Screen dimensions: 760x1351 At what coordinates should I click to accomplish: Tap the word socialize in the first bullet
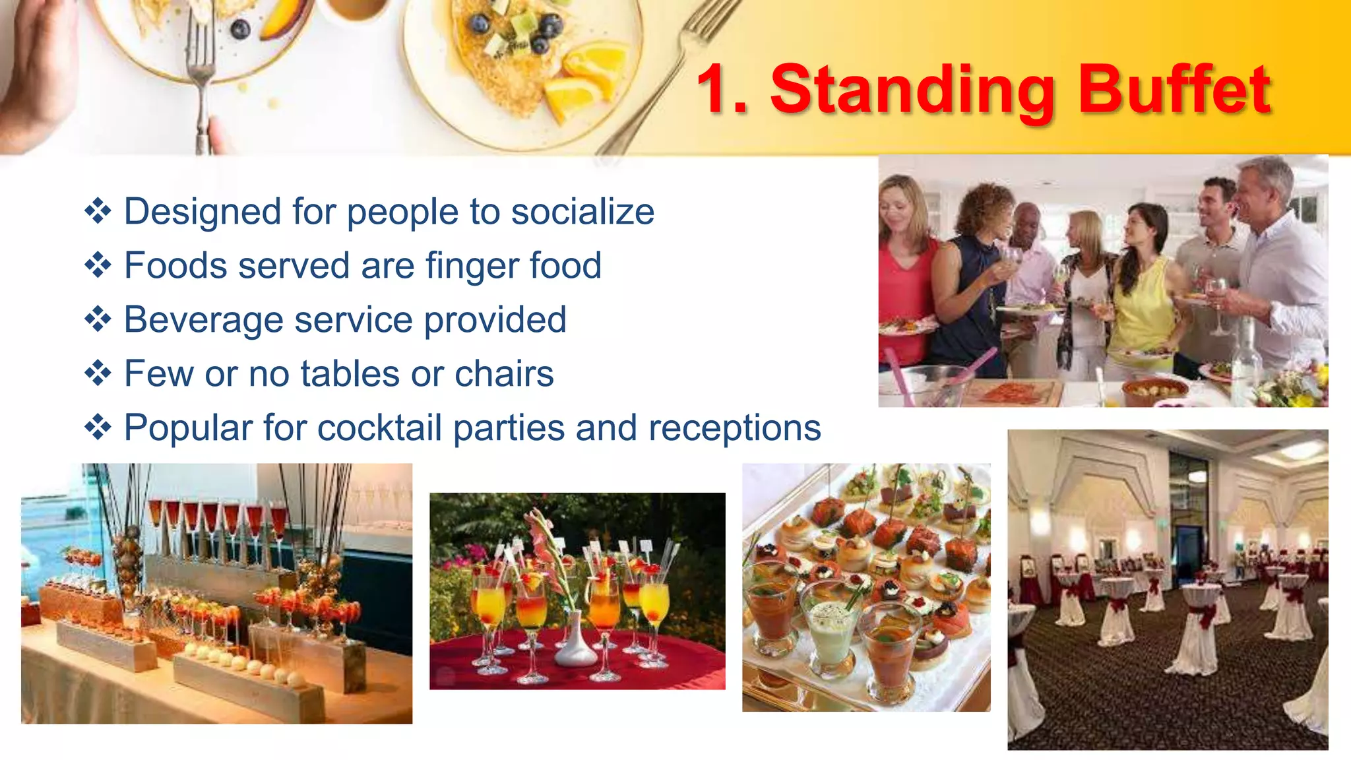tap(582, 212)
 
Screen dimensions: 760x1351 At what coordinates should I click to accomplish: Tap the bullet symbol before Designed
tap(98, 212)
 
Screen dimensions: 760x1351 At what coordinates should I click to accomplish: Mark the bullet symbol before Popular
tap(98, 428)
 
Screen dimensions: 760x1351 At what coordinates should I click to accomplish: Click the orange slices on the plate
tap(584, 79)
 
